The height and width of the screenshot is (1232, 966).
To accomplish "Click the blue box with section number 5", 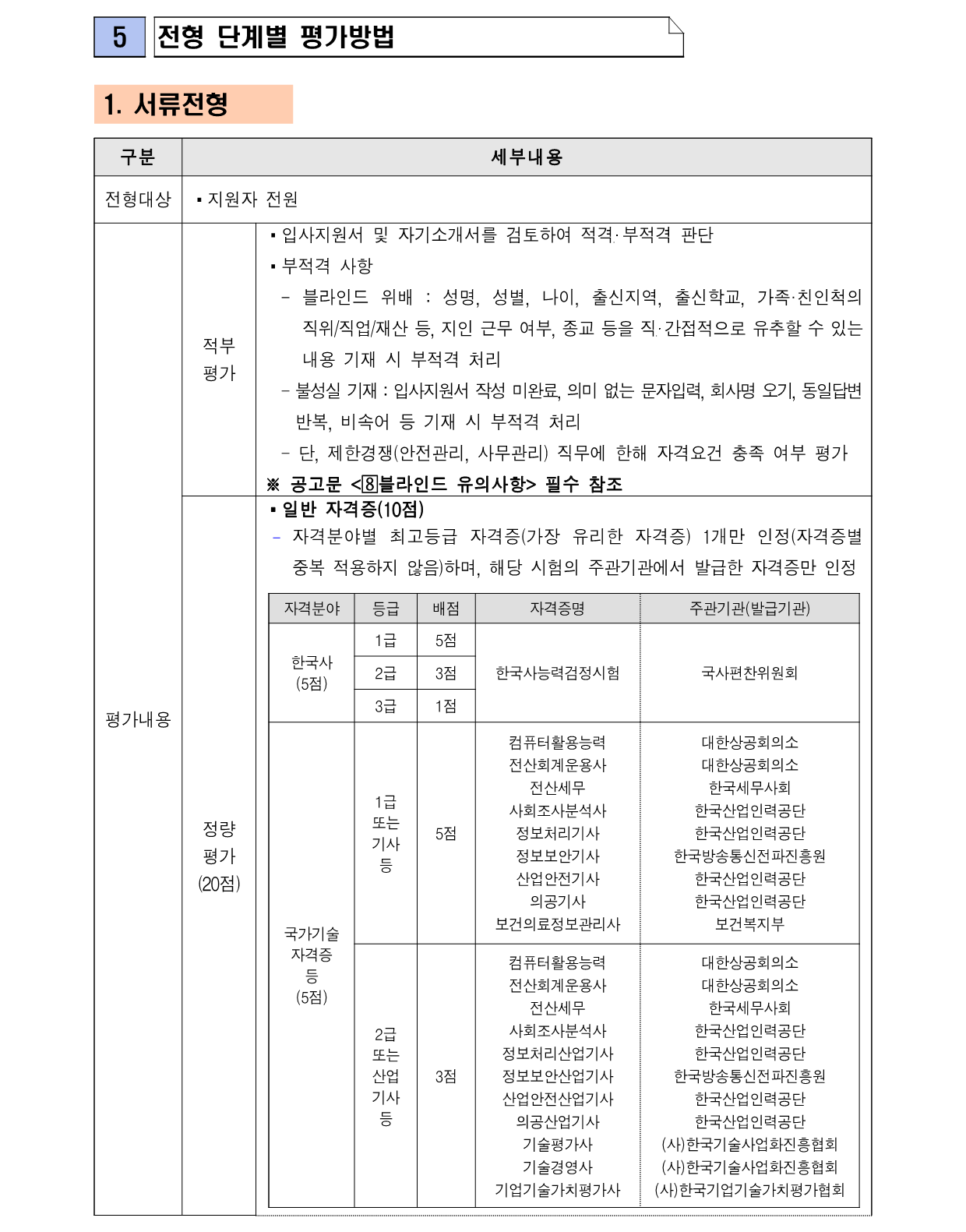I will click(119, 37).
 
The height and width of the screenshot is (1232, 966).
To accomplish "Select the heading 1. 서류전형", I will click(166, 104).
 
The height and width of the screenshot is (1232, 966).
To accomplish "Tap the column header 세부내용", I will click(527, 157).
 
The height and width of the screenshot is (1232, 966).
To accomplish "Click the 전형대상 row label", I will click(138, 199).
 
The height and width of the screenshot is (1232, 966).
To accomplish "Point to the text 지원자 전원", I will click(252, 199).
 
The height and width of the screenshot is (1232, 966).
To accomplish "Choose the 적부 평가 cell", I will click(219, 359).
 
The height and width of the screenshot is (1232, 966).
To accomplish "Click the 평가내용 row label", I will click(138, 719).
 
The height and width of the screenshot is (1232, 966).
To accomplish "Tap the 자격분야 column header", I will click(312, 609).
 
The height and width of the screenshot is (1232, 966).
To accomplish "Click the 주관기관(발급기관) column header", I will click(749, 609).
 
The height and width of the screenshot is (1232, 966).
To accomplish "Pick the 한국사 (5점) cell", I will click(312, 672).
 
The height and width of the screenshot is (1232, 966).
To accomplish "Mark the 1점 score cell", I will click(446, 706).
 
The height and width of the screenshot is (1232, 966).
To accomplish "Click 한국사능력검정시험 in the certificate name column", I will click(558, 672).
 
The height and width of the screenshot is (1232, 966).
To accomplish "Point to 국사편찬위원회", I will click(749, 672).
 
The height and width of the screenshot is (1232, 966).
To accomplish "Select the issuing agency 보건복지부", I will click(749, 924).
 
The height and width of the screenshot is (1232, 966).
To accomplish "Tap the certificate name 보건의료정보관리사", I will click(558, 924).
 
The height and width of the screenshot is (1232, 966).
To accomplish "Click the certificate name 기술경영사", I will click(558, 1167).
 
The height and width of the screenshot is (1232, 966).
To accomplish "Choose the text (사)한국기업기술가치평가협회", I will click(749, 1190).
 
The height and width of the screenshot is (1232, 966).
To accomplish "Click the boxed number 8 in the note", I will click(370, 485).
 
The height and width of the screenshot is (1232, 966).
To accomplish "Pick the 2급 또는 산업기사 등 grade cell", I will click(386, 1076).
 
